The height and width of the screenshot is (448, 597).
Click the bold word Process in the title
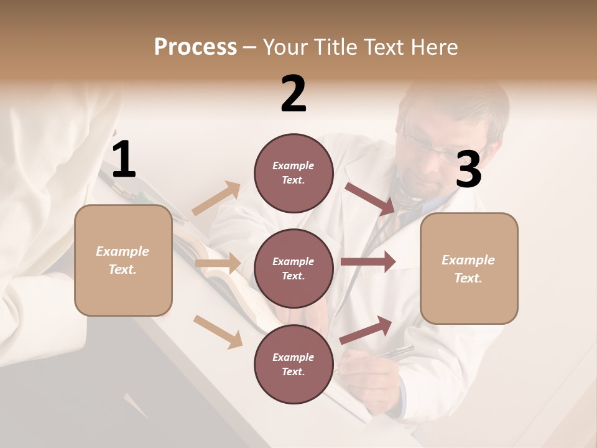pyautogui.click(x=195, y=47)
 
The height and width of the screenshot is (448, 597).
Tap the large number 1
pyautogui.click(x=124, y=160)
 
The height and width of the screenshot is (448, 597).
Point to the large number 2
pyautogui.click(x=294, y=94)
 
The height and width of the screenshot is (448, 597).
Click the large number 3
pyautogui.click(x=469, y=169)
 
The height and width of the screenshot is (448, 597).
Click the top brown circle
pyautogui.click(x=294, y=172)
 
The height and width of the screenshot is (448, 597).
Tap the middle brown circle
pyautogui.click(x=294, y=268)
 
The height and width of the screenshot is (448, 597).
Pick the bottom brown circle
pyautogui.click(x=294, y=364)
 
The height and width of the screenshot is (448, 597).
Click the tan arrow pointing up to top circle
pyautogui.click(x=216, y=198)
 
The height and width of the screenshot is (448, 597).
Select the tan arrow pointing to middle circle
pyautogui.click(x=218, y=263)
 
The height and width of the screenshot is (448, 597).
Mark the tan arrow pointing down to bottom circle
pyautogui.click(x=218, y=331)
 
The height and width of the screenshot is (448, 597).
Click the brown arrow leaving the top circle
pyautogui.click(x=371, y=198)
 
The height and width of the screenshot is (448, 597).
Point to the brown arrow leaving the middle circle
pyautogui.click(x=368, y=262)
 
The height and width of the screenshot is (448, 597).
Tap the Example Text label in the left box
pyautogui.click(x=123, y=260)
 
